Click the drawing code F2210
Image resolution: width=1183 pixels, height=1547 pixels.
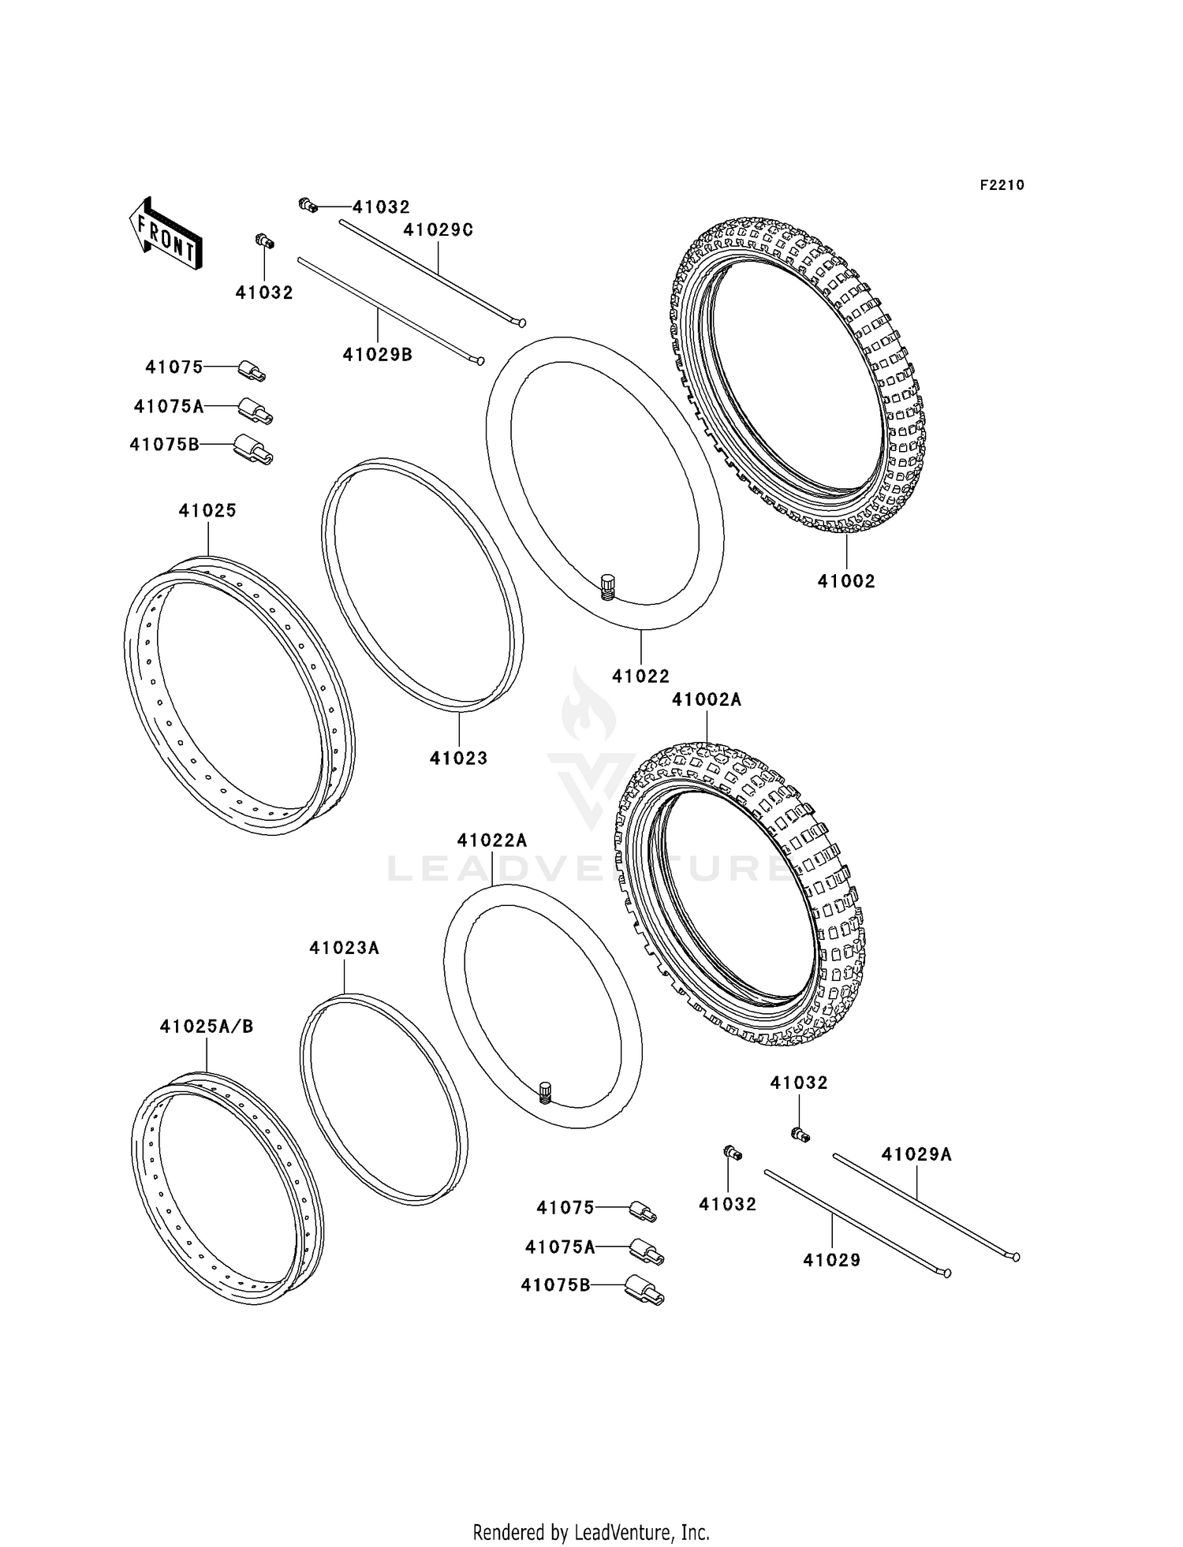point(1002,185)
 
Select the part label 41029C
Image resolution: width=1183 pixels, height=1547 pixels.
point(438,229)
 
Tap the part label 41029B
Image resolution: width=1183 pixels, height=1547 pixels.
point(377,355)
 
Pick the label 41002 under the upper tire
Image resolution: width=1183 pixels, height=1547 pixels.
point(846,581)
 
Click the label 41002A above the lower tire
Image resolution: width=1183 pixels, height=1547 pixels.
point(707,699)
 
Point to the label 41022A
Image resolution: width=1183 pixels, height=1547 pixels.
point(492,841)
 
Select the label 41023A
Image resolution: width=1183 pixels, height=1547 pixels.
point(344,948)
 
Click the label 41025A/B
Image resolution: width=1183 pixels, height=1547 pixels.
point(207,1027)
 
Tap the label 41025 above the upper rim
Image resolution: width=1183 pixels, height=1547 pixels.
point(207,510)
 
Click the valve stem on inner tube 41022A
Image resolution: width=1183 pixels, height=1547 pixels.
point(544,1092)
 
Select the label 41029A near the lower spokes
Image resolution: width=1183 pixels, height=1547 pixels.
point(916,1154)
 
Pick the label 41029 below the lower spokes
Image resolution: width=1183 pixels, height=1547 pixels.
point(831,1260)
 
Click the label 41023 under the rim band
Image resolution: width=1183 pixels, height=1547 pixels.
point(458,758)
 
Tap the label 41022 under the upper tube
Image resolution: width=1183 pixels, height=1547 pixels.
point(640,676)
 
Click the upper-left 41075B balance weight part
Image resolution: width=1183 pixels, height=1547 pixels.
point(253,449)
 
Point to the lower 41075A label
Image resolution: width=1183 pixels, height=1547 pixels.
point(560,1247)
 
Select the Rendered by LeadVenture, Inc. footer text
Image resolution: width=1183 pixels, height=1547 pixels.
point(591,1532)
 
